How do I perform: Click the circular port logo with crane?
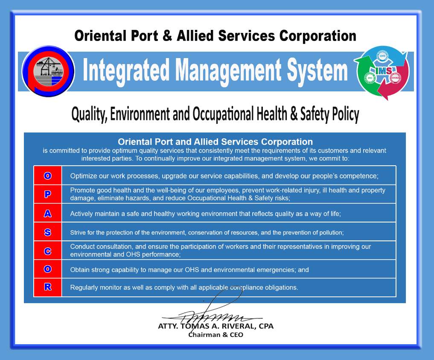[48, 71]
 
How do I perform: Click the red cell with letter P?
[48, 194]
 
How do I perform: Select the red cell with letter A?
[48, 213]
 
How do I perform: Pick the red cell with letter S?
[48, 232]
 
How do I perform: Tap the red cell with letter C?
[48, 251]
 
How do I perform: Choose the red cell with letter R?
[48, 287]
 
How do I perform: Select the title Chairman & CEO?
[216, 335]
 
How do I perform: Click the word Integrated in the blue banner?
[126, 70]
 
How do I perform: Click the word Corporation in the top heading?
[318, 36]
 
